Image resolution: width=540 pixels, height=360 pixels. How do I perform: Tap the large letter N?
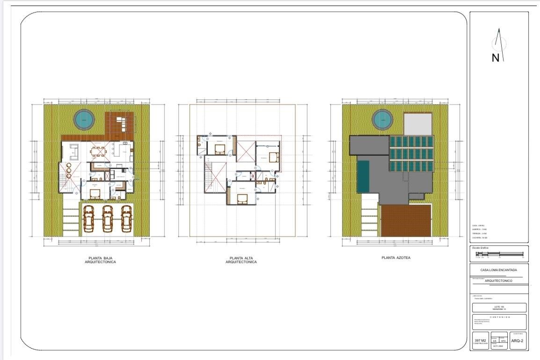pyautogui.click(x=496, y=58)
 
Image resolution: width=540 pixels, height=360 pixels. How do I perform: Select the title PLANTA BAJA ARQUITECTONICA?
pyautogui.click(x=100, y=260)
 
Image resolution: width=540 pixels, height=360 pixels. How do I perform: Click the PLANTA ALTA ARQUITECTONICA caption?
pyautogui.click(x=241, y=260)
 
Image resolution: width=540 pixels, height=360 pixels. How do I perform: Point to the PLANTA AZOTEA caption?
pyautogui.click(x=395, y=258)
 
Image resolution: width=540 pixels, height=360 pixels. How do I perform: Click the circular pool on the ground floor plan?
pyautogui.click(x=84, y=120)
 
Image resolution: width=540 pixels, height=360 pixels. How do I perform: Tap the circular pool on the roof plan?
pyautogui.click(x=382, y=120)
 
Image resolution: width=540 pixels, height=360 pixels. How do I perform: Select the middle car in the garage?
pyautogui.click(x=107, y=218)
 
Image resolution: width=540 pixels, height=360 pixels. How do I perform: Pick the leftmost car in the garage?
pyautogui.click(x=89, y=218)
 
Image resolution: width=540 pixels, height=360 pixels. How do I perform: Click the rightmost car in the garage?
pyautogui.click(x=126, y=218)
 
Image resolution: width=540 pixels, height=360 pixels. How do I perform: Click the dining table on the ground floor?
pyautogui.click(x=99, y=151)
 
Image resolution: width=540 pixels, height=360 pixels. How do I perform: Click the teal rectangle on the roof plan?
pyautogui.click(x=363, y=176)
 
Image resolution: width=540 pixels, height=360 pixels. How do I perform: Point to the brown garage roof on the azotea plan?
pyautogui.click(x=406, y=221)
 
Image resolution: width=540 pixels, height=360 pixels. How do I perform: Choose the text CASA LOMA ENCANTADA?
pyautogui.click(x=498, y=270)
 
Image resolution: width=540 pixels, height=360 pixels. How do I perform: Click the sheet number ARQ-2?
pyautogui.click(x=517, y=341)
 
